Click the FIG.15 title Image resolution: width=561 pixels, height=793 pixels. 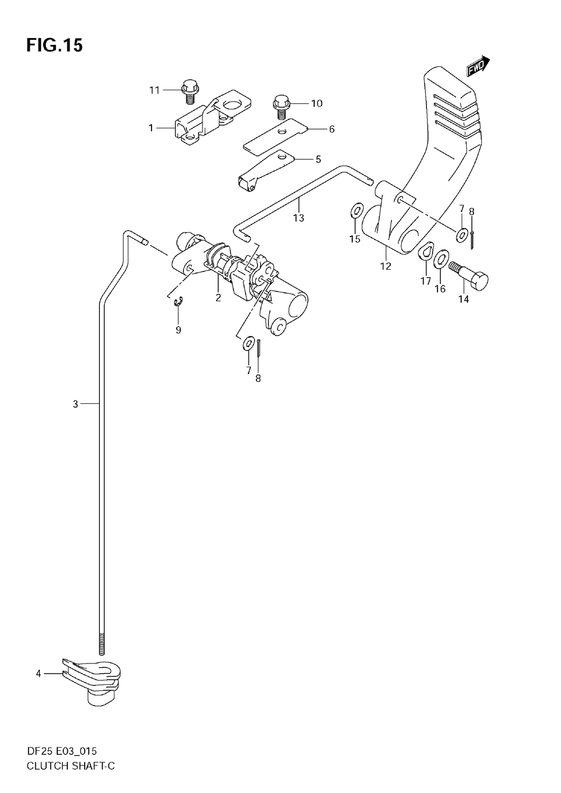54,45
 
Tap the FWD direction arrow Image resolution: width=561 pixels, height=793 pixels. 477,67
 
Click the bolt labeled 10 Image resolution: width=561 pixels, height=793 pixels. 281,107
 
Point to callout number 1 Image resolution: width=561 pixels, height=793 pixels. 151,128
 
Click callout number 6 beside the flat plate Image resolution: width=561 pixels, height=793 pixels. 332,129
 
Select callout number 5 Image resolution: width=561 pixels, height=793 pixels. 318,159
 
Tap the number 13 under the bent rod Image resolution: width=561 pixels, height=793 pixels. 298,218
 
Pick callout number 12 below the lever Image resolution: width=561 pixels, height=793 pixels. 385,266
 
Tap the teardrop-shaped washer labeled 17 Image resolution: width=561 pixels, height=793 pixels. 426,252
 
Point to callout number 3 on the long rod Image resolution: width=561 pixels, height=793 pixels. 76,404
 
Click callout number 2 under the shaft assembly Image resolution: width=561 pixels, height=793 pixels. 218,297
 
